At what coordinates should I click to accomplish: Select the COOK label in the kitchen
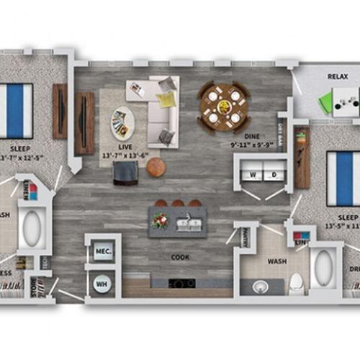(180, 256)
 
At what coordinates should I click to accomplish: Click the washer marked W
(253, 174)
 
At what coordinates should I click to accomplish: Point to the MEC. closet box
(102, 252)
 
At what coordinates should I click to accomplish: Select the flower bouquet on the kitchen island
(160, 220)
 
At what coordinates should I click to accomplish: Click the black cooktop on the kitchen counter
(180, 282)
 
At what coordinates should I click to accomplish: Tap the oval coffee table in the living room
(122, 122)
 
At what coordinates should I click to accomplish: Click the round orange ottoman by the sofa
(156, 167)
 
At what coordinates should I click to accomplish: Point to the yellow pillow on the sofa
(166, 99)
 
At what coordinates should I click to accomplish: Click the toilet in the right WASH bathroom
(295, 283)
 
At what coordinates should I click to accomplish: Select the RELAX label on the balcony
(338, 75)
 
